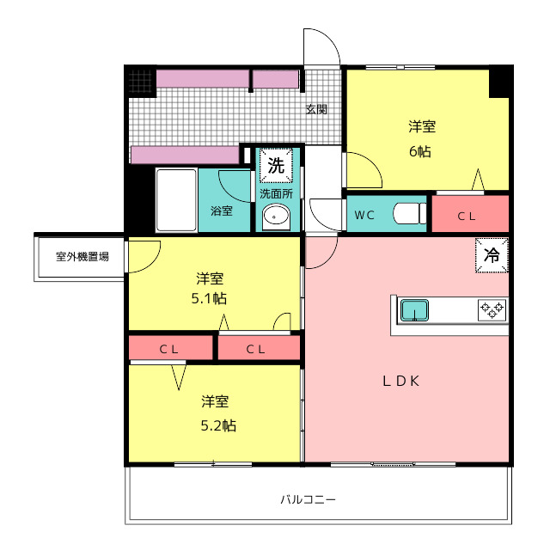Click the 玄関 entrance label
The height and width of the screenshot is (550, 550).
[x=316, y=109]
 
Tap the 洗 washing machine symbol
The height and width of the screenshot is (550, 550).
[x=276, y=165]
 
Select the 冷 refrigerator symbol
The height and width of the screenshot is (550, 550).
[x=492, y=255]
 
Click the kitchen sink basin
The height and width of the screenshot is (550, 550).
[x=414, y=310]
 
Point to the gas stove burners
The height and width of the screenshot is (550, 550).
[x=492, y=309]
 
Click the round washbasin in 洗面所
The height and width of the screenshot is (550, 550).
[x=276, y=216]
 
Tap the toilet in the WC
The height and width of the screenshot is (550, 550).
[x=409, y=213]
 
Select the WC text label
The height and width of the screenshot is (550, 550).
[x=364, y=215]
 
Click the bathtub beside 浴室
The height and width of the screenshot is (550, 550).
[x=176, y=200]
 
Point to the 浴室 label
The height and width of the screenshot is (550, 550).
[x=222, y=211]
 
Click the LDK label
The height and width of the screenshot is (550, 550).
[x=401, y=381]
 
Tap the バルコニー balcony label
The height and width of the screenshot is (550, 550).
[x=308, y=498]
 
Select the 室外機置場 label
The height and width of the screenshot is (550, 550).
[x=82, y=256]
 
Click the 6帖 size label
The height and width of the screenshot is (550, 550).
[x=420, y=151]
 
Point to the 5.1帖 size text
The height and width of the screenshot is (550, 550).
[x=209, y=298]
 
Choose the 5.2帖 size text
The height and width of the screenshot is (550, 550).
[x=218, y=425]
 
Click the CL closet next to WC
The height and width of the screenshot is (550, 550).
[x=470, y=214]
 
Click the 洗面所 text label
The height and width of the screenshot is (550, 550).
[x=276, y=193]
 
